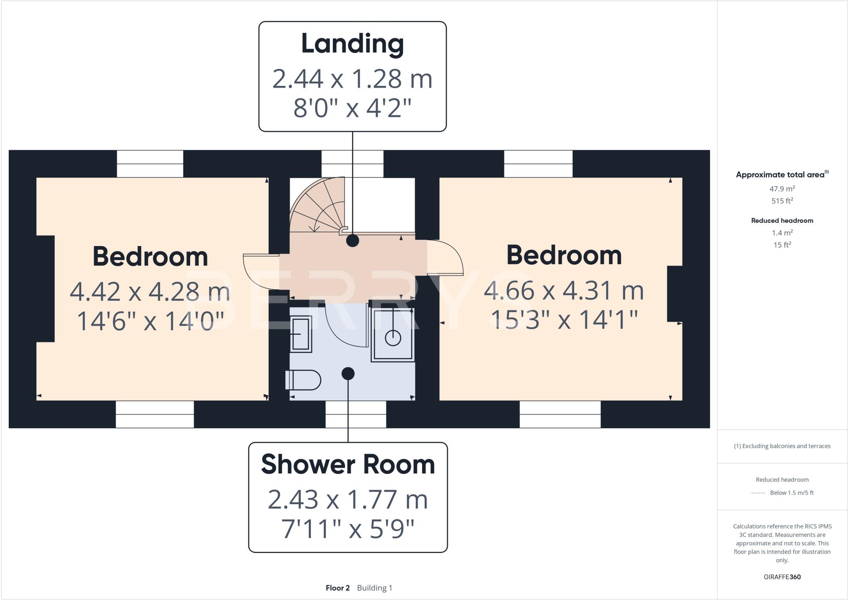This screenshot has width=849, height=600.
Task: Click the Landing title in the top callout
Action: tap(352, 44)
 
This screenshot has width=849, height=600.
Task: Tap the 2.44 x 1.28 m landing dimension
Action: tap(352, 79)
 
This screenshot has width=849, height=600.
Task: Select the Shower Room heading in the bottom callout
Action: tap(348, 464)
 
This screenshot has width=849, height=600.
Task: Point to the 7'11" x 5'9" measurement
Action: tap(348, 529)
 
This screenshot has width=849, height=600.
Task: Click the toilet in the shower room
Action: tap(303, 380)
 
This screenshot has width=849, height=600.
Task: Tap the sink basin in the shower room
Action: tap(301, 334)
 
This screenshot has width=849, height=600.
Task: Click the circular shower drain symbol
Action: tap(393, 338)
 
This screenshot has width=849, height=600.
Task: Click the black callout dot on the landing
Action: tap(352, 241)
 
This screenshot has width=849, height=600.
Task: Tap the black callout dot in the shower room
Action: tap(348, 373)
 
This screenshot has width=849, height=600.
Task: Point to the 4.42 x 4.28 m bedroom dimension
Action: tap(150, 292)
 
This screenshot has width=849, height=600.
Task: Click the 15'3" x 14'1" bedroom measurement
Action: tap(564, 320)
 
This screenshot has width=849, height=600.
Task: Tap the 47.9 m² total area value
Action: tap(782, 189)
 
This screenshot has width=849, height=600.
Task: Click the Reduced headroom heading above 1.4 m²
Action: tap(782, 221)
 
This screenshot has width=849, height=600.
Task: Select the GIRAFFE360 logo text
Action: tap(782, 577)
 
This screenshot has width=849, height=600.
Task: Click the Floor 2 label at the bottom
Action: tap(337, 588)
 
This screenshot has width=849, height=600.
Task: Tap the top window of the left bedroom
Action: tap(150, 164)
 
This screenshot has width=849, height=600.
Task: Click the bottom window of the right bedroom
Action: tap(560, 414)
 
